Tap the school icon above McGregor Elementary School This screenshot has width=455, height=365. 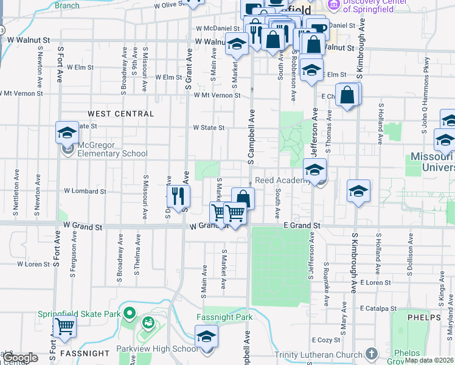click(x=67, y=132)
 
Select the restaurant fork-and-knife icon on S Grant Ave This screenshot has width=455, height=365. click(x=178, y=195)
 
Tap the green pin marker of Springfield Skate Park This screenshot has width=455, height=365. click(x=128, y=314)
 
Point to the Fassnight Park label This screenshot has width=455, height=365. click(x=224, y=318)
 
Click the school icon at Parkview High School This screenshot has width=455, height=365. click(x=206, y=336)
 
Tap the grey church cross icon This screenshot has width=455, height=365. click(x=371, y=354)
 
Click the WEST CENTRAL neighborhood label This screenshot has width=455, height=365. click(x=120, y=114)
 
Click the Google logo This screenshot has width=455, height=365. click(x=20, y=358)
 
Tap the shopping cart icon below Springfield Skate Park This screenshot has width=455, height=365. click(x=64, y=326)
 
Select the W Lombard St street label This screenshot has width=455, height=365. click(x=85, y=191)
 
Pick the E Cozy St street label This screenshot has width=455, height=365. click(x=325, y=340)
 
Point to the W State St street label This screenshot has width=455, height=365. click(x=209, y=128)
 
